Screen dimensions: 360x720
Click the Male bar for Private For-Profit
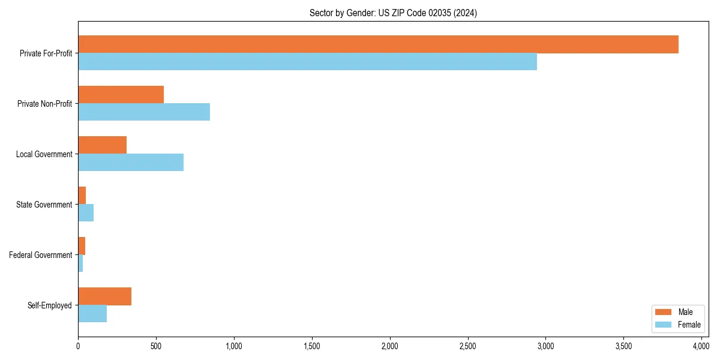tap(378, 44)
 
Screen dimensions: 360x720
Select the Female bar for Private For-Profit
tap(307, 62)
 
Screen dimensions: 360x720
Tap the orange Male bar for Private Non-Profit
tap(121, 95)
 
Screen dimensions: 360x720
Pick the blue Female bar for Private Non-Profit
tap(144, 112)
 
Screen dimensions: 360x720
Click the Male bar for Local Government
tap(102, 145)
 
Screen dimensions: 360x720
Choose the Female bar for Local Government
tap(131, 163)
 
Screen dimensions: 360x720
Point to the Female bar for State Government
tap(86, 213)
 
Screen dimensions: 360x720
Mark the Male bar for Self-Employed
tap(104, 296)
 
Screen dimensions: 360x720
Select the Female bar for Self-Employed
tap(92, 314)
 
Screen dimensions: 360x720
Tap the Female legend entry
tap(677, 324)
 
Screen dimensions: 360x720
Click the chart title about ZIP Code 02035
tap(393, 13)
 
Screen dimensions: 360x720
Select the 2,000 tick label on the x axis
tap(389, 346)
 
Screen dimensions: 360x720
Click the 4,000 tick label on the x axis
tap(701, 346)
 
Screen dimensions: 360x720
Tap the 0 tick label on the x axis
tap(78, 346)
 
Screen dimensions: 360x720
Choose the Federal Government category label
tap(41, 255)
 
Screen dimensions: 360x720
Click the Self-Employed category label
tap(50, 305)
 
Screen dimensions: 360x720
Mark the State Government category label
tap(44, 205)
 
